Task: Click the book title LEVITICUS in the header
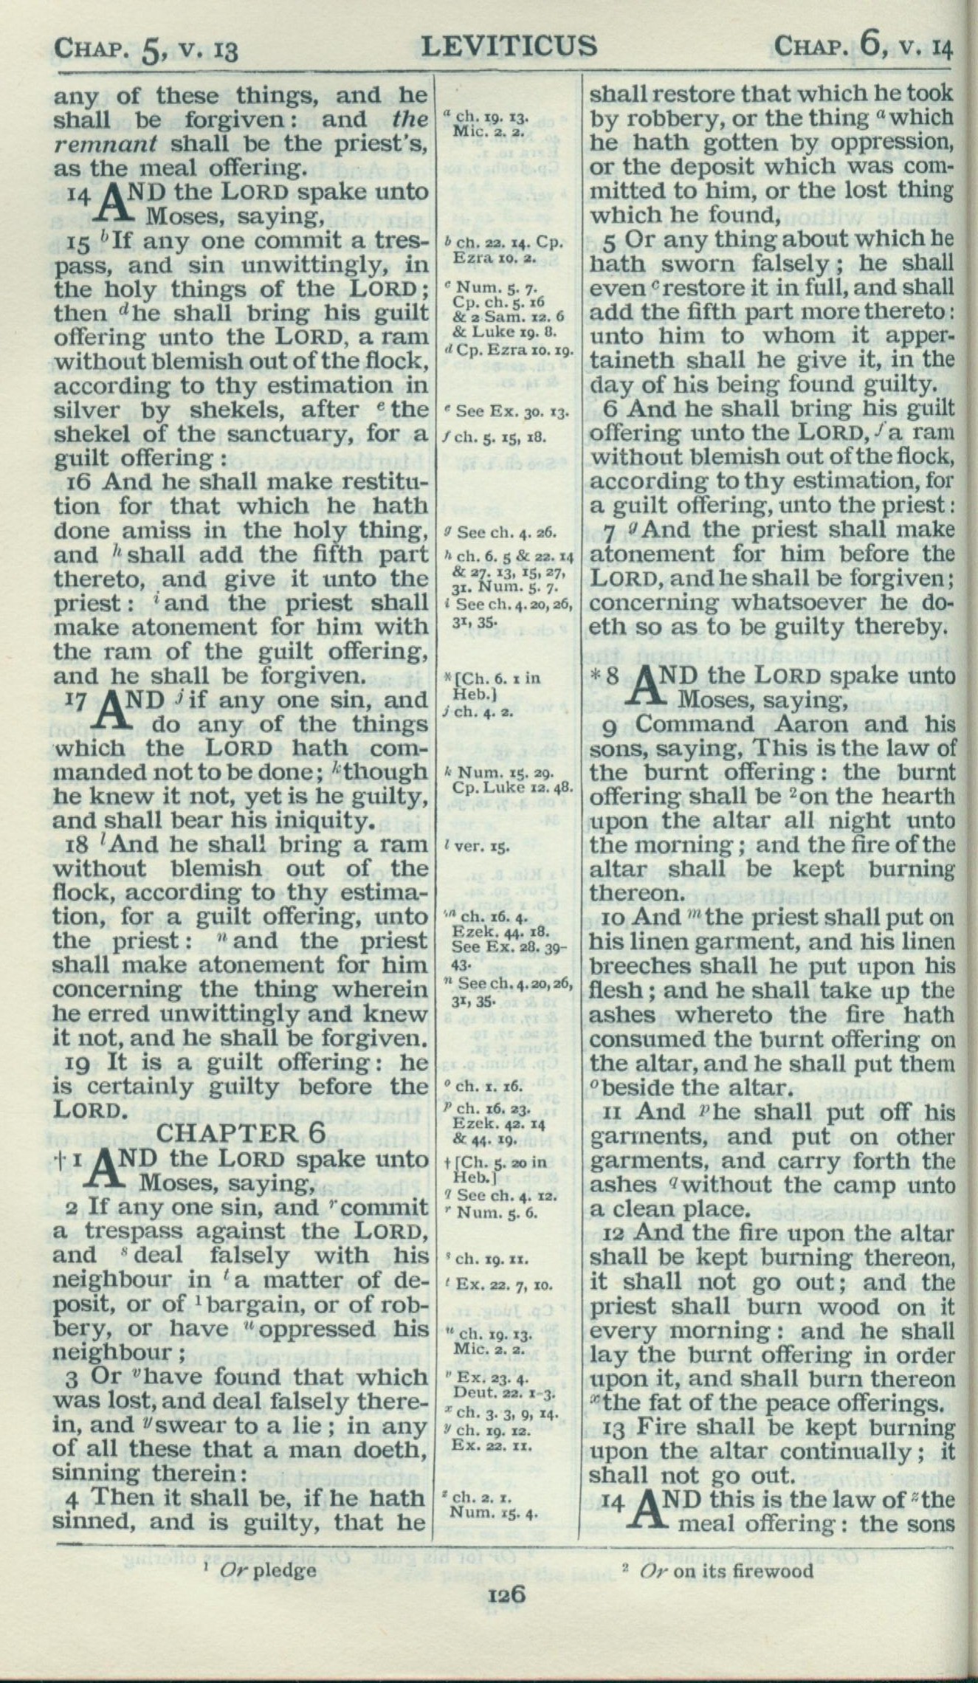(x=509, y=46)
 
